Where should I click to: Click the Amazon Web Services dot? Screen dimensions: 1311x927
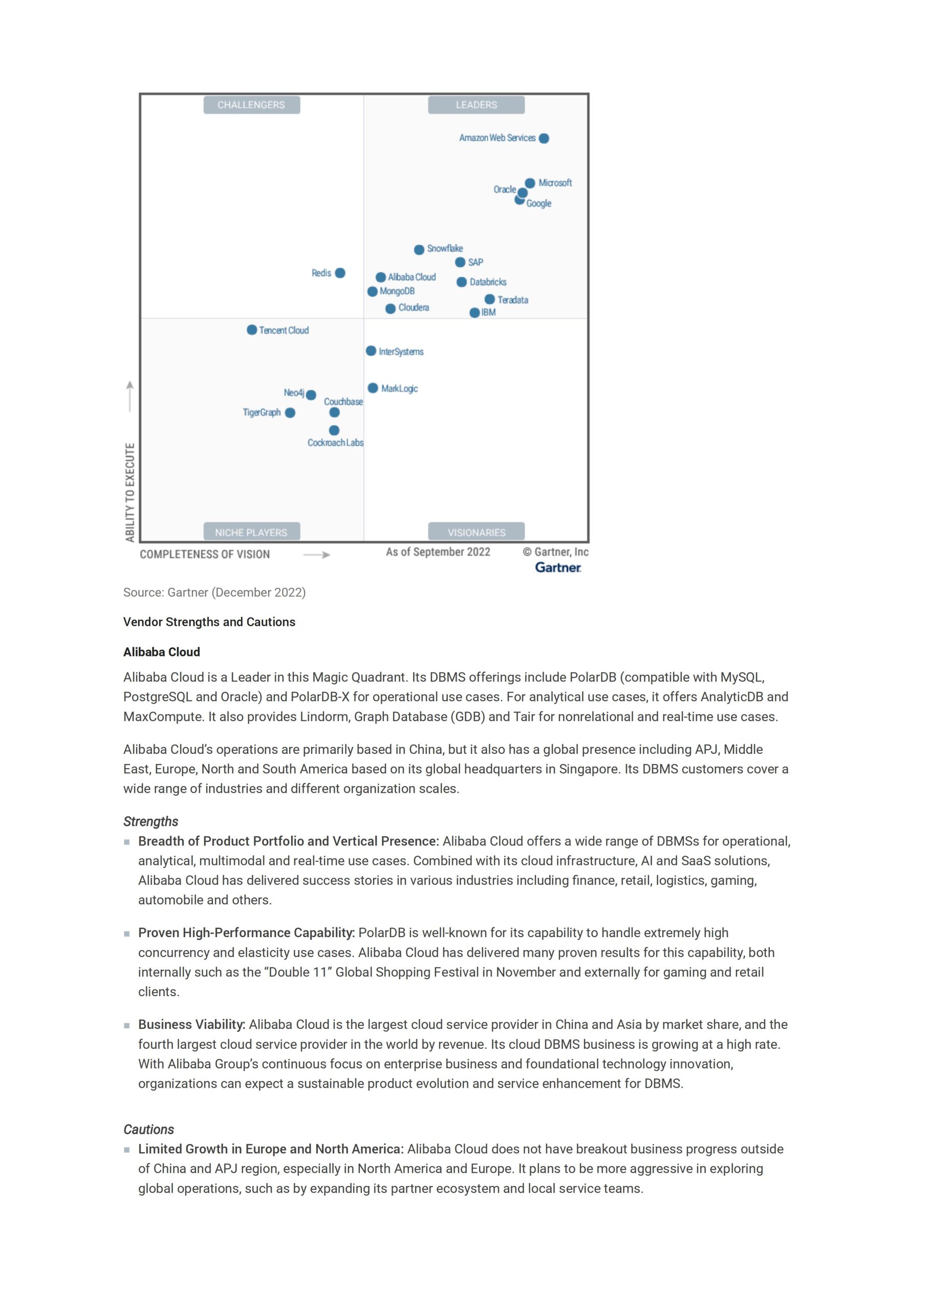(x=544, y=138)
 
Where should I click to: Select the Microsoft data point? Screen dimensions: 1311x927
(x=530, y=183)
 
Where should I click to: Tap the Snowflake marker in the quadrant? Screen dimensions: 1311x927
(x=419, y=249)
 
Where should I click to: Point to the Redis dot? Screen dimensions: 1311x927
(x=340, y=273)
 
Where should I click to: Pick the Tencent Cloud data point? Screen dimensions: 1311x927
(x=252, y=330)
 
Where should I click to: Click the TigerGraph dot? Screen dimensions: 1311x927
(x=290, y=413)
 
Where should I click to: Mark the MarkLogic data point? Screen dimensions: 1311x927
(x=373, y=388)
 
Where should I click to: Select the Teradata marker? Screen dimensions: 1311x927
(x=490, y=299)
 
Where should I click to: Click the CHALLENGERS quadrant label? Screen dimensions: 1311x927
(x=251, y=105)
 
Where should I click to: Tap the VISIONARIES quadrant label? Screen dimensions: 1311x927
(x=476, y=532)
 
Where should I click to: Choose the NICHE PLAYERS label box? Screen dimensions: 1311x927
(x=251, y=532)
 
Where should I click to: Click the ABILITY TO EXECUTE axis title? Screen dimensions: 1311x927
(x=130, y=492)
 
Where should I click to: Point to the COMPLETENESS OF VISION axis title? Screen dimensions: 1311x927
(x=205, y=555)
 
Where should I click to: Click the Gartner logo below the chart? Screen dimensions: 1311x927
(x=557, y=567)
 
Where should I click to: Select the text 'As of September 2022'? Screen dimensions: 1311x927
(x=438, y=552)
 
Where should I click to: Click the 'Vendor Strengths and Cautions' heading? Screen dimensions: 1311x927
(x=209, y=622)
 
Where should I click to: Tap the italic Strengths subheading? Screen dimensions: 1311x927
(x=150, y=821)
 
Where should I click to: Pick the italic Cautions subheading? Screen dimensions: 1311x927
(x=148, y=1129)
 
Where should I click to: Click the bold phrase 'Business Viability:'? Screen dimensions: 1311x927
(x=192, y=1024)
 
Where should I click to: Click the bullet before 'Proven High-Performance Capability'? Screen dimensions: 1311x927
(x=127, y=934)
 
